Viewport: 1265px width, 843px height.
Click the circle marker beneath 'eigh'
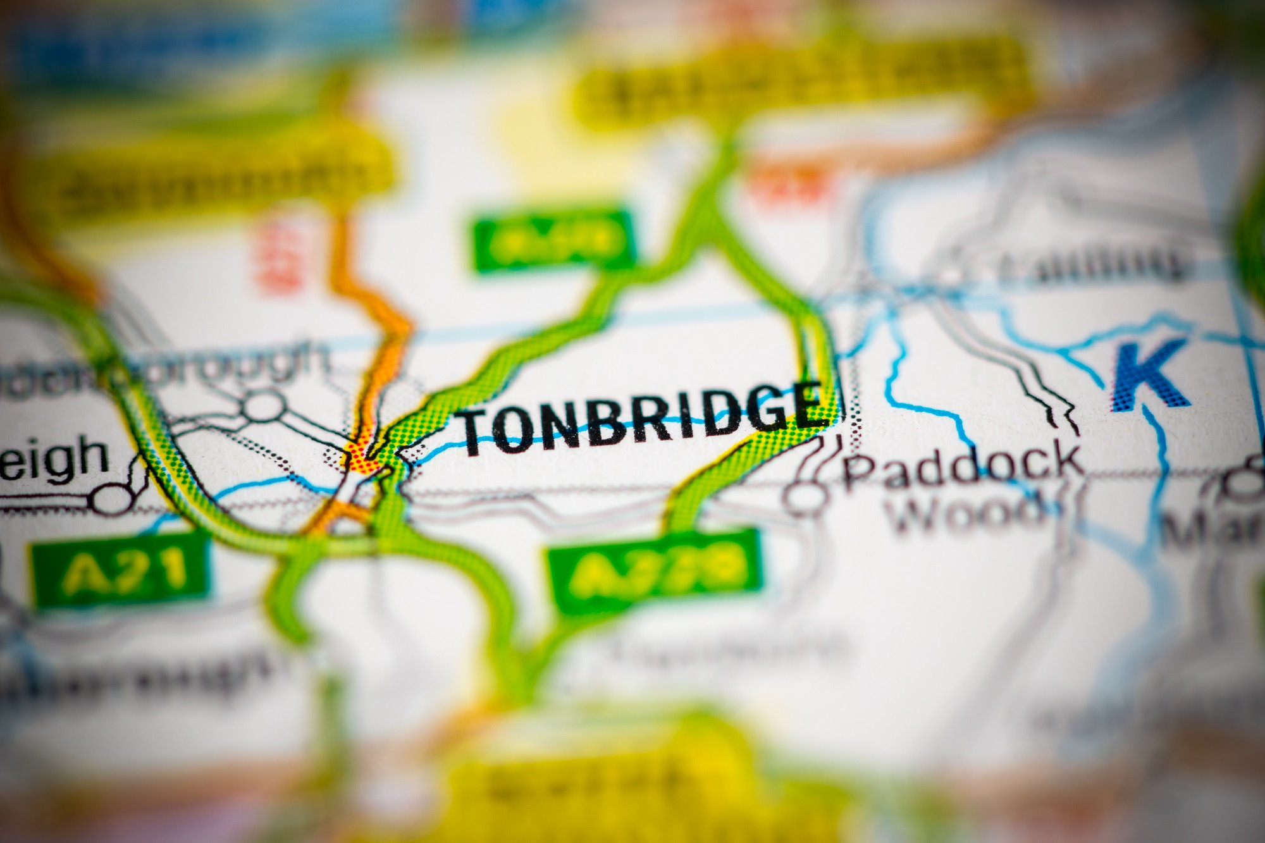coord(111,499)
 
